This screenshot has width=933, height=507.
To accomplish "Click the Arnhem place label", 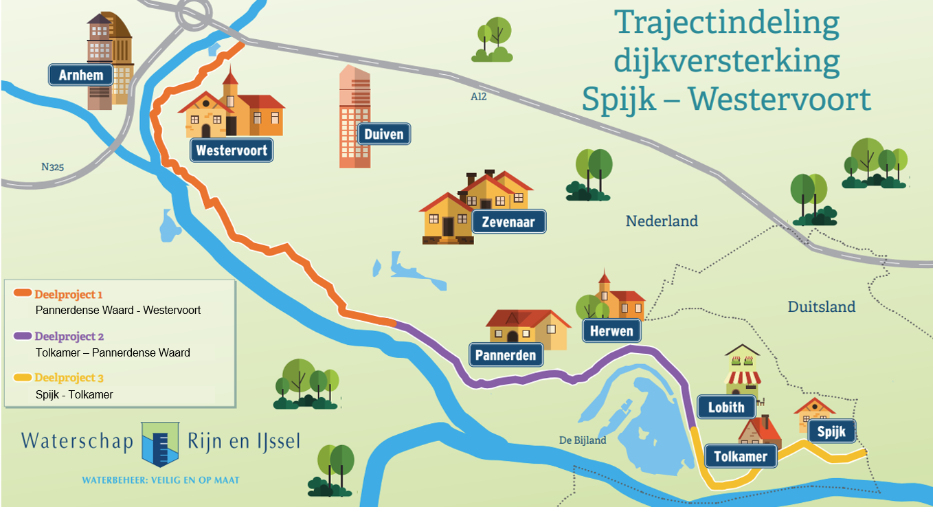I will [x=80, y=75].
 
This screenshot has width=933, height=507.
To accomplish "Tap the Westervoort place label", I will [x=232, y=150].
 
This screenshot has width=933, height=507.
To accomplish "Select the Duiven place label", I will [x=384, y=134].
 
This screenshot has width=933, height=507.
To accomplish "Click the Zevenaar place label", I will [x=508, y=222].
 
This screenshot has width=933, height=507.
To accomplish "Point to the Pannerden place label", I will [x=506, y=355].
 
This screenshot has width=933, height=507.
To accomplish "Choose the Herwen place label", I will [x=611, y=331].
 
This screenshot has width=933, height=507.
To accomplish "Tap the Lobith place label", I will [x=726, y=407].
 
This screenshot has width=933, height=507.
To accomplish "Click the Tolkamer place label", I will [x=740, y=456].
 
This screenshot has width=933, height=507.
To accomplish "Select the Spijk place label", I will [x=831, y=432].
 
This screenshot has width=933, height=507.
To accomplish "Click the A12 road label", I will [x=478, y=97].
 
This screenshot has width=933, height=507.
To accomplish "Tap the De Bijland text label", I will [x=583, y=440].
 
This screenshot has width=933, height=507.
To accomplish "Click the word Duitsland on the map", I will [x=821, y=307].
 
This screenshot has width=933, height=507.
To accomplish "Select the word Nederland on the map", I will [x=661, y=221].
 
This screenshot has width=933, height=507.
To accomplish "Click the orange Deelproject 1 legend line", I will [x=23, y=294].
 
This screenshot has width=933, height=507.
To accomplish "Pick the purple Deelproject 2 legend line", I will [x=23, y=337].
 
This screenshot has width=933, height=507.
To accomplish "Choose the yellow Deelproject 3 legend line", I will [x=23, y=378].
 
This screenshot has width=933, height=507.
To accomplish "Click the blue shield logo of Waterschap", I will [x=160, y=444].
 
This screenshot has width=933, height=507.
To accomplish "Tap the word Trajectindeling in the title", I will [x=727, y=23].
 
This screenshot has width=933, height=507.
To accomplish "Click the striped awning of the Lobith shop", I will [x=743, y=377].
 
